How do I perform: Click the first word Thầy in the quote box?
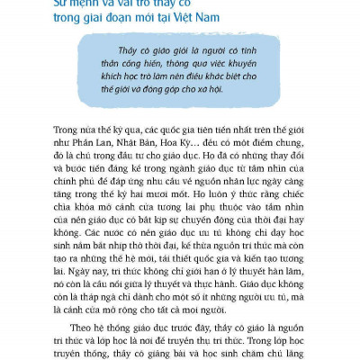click(x=130, y=51)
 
